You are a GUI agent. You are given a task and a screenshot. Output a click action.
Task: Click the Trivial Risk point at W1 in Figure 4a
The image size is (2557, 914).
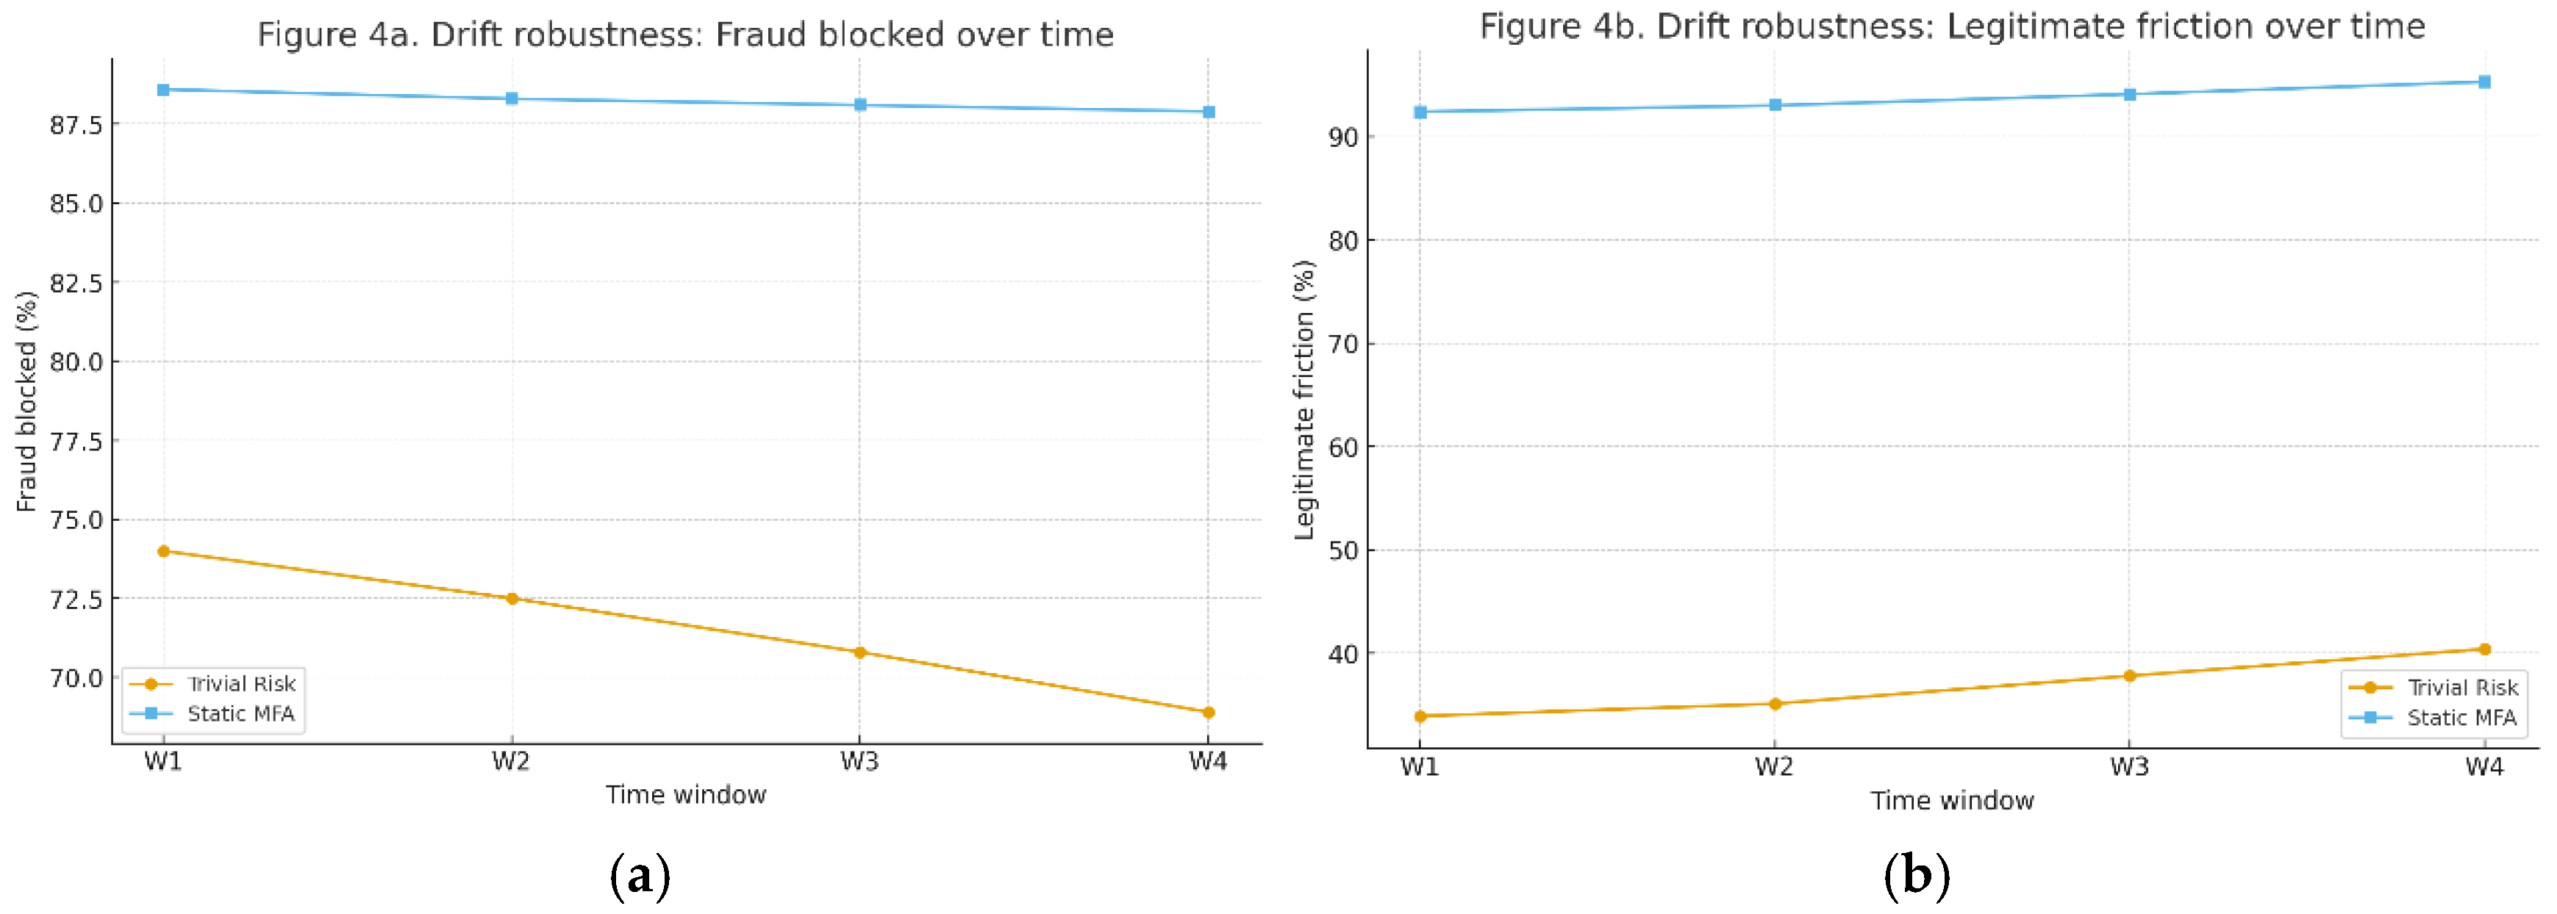(164, 552)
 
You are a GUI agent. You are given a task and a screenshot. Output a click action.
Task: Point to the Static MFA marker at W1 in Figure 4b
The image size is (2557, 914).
(1420, 112)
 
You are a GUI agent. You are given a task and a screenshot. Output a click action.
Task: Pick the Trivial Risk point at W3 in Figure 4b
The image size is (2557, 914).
(2129, 676)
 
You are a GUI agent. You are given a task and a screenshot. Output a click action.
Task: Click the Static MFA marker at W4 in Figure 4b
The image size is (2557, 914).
(2484, 82)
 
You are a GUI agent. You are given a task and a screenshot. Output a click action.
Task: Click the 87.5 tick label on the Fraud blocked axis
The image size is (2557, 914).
(76, 125)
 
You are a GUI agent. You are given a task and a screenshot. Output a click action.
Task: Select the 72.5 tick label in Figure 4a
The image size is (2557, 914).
(76, 600)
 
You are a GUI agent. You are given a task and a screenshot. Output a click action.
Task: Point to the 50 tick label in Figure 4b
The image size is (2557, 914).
(1343, 551)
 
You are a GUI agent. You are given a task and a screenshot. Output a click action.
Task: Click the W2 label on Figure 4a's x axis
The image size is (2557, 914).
(511, 762)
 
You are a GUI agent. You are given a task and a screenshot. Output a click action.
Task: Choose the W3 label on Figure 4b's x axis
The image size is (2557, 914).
(2129, 767)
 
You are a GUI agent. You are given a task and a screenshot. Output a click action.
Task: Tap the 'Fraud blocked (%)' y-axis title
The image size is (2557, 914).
(26, 401)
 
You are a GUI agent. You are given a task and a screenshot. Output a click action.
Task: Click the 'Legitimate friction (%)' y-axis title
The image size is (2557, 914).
(1304, 400)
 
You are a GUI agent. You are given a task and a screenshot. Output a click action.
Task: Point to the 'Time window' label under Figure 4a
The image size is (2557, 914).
(686, 795)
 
